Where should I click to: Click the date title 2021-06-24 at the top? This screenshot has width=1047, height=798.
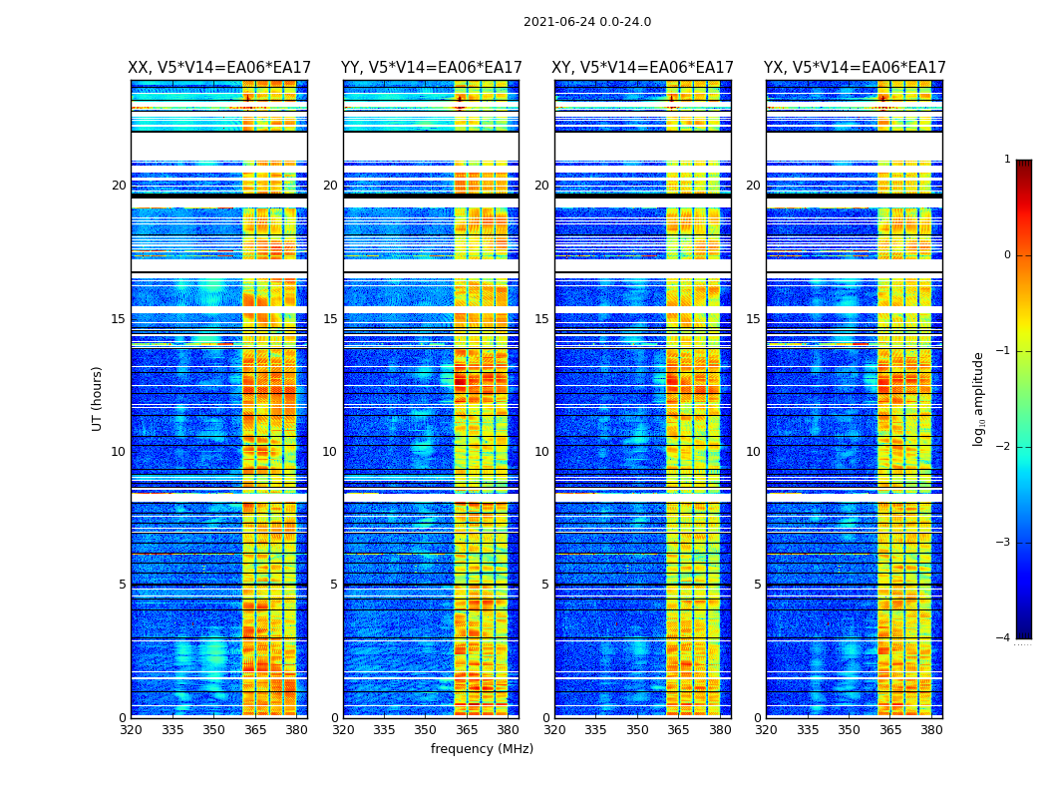[586, 22]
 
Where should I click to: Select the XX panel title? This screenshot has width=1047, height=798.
[219, 68]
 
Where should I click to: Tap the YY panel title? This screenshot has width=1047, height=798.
[431, 68]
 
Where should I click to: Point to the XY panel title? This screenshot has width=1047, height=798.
[642, 68]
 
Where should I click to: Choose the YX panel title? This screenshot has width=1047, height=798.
[855, 68]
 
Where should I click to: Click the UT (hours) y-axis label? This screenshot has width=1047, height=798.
[97, 398]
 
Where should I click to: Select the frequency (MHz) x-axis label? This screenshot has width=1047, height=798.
[482, 749]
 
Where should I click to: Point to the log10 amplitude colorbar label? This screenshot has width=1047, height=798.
[979, 398]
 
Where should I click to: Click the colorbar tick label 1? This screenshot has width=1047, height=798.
[1006, 160]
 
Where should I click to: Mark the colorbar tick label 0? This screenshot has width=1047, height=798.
[1006, 255]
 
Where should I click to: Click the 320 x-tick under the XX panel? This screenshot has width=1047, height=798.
[131, 730]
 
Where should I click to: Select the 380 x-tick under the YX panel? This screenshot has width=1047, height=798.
[931, 730]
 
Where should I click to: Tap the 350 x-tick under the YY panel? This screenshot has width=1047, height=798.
[426, 730]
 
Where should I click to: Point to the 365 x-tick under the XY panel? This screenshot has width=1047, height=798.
[678, 730]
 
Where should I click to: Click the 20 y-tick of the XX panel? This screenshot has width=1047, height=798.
[119, 186]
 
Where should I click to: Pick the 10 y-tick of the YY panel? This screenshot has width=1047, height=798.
[329, 452]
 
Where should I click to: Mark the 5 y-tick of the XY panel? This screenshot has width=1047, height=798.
[544, 585]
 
